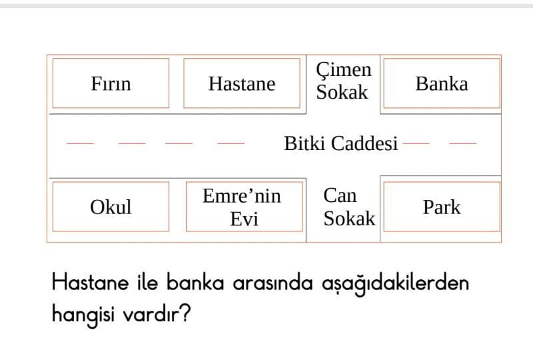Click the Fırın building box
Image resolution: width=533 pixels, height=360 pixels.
(111, 83)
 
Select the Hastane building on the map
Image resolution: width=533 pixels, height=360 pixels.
(242, 83)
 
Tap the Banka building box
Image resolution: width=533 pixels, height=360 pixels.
(442, 83)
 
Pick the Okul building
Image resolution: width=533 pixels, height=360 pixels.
(111, 207)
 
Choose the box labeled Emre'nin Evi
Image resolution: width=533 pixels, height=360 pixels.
(244, 207)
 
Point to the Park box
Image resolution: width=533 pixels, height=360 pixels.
(442, 207)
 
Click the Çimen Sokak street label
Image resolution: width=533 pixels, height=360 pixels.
(343, 81)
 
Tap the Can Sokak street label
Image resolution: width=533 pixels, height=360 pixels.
(349, 207)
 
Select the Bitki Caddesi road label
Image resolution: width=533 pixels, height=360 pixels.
(341, 143)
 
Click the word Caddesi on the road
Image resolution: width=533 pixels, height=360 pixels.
(364, 143)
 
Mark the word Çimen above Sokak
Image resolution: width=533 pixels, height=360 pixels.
(344, 71)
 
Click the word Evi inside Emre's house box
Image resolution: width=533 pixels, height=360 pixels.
(244, 219)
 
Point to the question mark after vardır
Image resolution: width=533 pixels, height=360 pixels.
(185, 313)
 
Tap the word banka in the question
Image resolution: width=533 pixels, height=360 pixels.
(195, 283)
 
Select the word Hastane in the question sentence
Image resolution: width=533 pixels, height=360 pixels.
(91, 283)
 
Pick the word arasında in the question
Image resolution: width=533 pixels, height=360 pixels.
(272, 283)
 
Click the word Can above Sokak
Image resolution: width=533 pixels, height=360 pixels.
(340, 195)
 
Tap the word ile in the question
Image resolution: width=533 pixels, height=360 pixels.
(148, 283)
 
